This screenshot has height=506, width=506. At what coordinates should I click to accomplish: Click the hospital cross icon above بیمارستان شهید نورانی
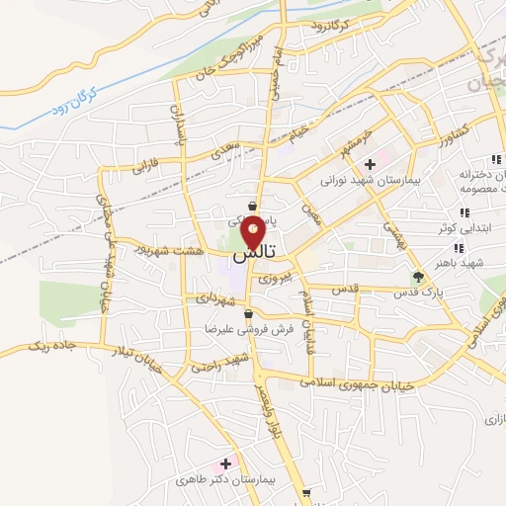pos(370,163)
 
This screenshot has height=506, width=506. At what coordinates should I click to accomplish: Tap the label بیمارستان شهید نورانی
pos(369,181)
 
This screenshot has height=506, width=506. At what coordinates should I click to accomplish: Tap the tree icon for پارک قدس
pos(417,277)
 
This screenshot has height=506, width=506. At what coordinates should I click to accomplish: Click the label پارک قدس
pos(416,294)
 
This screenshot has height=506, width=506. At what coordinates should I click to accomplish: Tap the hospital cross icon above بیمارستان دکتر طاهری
pos(226,463)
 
